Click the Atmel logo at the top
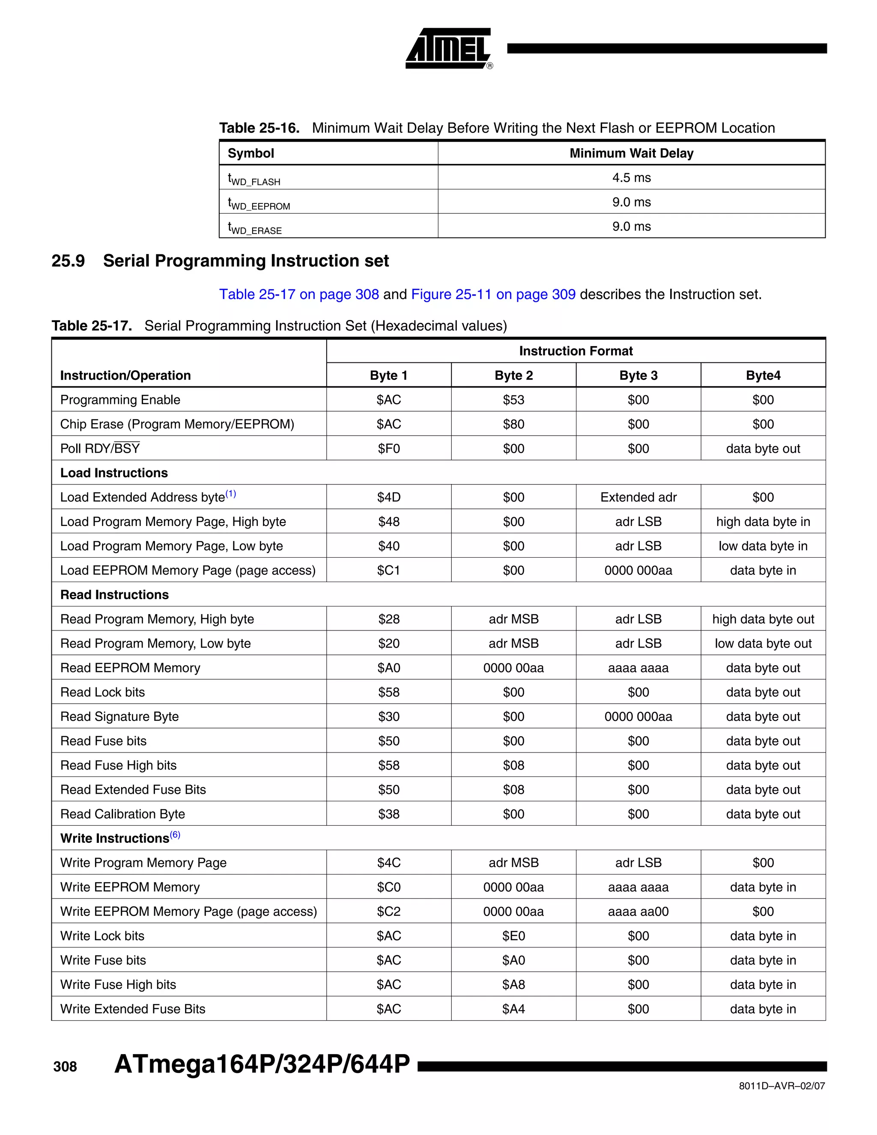[448, 48]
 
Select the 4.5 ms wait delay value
[631, 178]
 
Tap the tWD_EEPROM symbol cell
[259, 202]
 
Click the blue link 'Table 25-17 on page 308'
[299, 295]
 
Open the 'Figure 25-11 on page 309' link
[493, 295]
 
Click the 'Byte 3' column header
[638, 376]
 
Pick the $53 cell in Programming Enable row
[513, 400]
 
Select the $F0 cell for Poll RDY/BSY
[389, 449]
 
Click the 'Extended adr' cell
[638, 497]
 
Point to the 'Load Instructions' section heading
[114, 473]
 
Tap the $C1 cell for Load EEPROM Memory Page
[389, 570]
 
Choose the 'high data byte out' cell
[763, 619]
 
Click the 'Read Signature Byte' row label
[119, 717]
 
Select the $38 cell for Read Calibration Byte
[389, 814]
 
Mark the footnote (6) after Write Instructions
[175, 835]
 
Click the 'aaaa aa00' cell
[638, 911]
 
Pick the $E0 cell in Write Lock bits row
[513, 936]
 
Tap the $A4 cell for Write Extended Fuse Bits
[513, 1009]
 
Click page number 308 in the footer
[65, 1067]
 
